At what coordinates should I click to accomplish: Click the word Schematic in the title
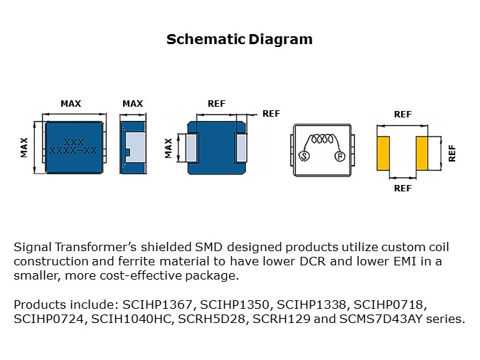tap(206, 40)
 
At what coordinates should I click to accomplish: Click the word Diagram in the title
tap(280, 40)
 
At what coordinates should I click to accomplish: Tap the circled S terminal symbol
tap(304, 156)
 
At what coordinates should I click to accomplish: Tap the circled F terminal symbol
tap(340, 157)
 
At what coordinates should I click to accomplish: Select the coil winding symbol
tap(321, 139)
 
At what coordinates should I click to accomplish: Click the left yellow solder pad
tap(383, 154)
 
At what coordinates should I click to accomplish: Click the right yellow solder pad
tap(422, 154)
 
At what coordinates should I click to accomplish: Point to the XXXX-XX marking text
tap(73, 150)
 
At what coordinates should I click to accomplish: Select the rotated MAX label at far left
tap(24, 147)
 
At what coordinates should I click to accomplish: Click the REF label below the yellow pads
tap(402, 188)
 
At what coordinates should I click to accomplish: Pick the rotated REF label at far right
tap(452, 154)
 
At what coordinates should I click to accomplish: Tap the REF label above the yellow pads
tap(402, 115)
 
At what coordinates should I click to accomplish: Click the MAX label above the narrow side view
tap(132, 104)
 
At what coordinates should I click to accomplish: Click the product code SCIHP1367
tap(157, 305)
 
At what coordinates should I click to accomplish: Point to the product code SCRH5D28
tap(212, 319)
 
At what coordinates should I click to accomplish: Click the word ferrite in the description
tap(137, 261)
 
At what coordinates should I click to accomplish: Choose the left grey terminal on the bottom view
tap(191, 148)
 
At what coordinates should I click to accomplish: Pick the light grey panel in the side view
tap(135, 147)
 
